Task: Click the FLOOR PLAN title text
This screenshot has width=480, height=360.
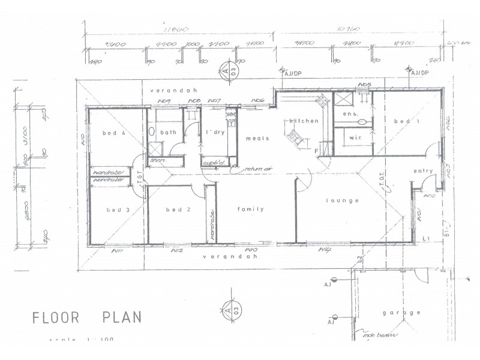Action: pyautogui.click(x=87, y=317)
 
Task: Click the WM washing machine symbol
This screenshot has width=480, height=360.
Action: pyautogui.click(x=231, y=114)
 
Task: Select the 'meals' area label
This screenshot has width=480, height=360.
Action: pyautogui.click(x=257, y=138)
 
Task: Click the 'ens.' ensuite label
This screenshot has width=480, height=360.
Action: pyautogui.click(x=349, y=113)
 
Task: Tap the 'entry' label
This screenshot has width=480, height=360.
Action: pyautogui.click(x=423, y=171)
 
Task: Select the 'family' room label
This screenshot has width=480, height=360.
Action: pyautogui.click(x=251, y=209)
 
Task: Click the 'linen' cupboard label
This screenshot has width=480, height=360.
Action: pyautogui.click(x=158, y=160)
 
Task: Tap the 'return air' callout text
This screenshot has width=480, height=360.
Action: pyautogui.click(x=259, y=170)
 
